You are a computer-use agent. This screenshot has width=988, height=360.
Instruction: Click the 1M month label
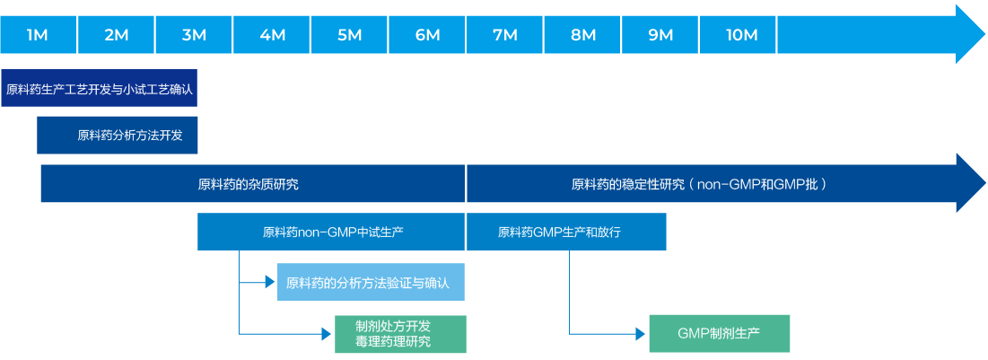click(38, 35)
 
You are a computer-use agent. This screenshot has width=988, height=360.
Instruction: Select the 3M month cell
click(194, 35)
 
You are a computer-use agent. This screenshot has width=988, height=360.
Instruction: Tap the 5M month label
click(350, 35)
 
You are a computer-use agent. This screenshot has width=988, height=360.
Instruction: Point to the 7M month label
click(505, 35)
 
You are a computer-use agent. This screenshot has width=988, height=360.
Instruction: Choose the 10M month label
click(741, 35)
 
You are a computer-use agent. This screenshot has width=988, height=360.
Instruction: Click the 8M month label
click(583, 35)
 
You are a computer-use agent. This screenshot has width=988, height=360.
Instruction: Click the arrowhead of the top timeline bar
click(970, 35)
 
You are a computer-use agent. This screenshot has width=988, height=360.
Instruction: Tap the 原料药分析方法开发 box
click(118, 136)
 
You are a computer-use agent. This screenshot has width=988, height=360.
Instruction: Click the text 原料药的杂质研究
click(248, 185)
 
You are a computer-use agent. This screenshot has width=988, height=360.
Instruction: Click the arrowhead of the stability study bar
click(970, 184)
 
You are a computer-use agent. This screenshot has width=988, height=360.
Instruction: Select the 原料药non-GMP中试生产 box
click(331, 232)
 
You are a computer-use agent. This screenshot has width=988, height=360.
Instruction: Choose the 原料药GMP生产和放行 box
click(566, 232)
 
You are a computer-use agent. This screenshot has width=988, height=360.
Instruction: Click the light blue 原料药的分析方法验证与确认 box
click(371, 283)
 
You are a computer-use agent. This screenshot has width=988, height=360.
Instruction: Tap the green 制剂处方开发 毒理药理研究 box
click(400, 333)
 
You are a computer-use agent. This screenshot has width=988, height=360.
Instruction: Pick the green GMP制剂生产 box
click(719, 333)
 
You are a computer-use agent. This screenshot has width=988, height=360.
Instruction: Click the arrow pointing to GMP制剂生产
click(641, 333)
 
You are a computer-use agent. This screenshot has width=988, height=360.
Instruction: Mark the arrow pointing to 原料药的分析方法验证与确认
click(269, 283)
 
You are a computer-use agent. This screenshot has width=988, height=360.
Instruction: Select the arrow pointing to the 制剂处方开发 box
click(326, 333)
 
